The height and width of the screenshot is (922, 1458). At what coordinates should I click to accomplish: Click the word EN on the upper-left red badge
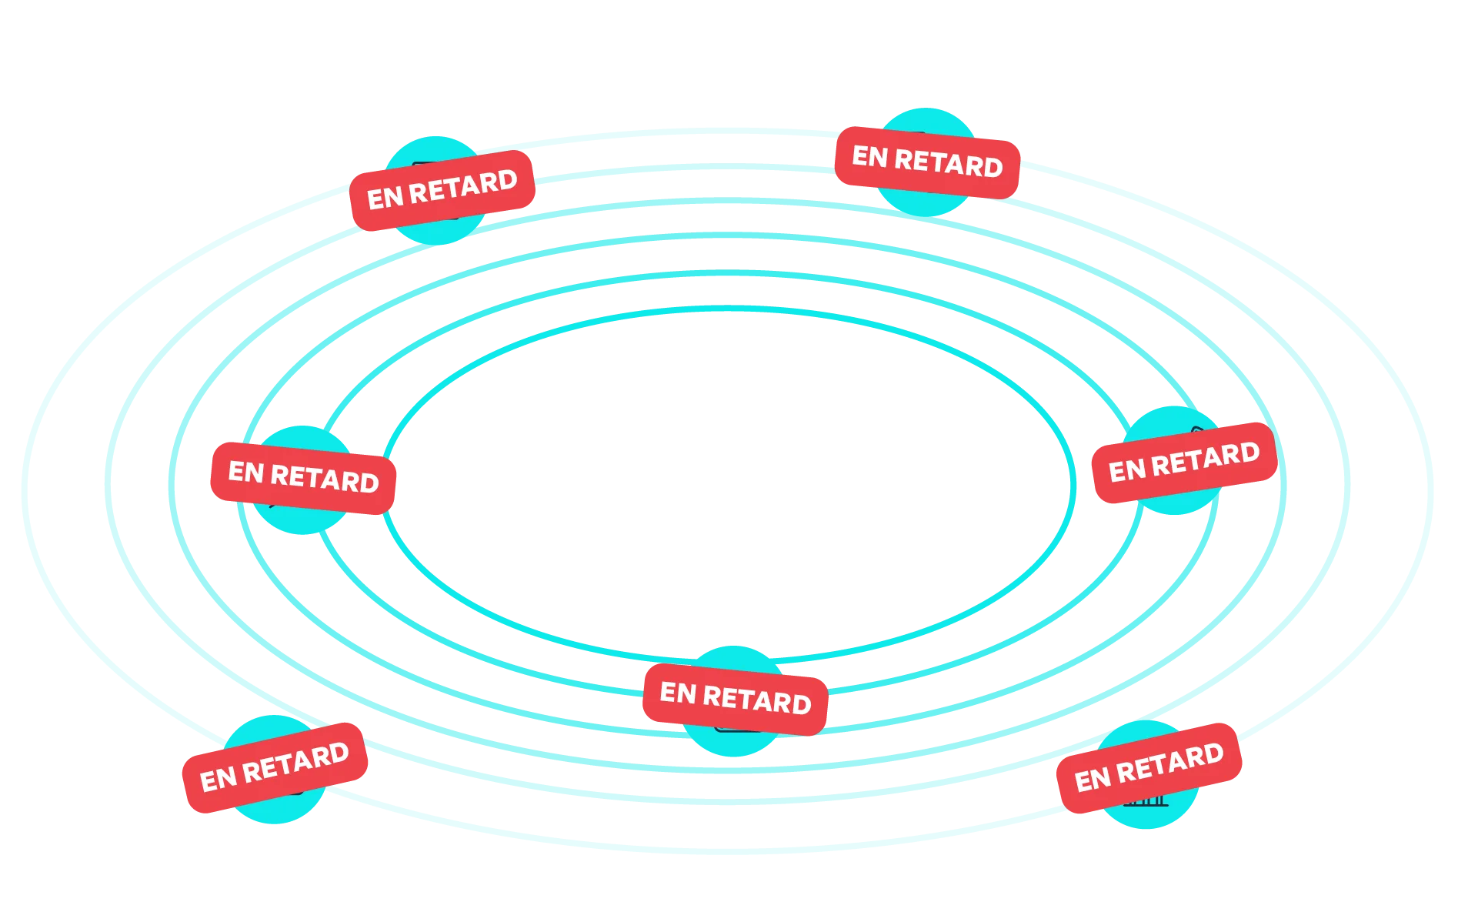tap(384, 197)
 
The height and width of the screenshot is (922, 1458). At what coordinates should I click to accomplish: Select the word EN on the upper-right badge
tap(869, 156)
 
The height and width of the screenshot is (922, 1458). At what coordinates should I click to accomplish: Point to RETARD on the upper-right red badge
tap(949, 163)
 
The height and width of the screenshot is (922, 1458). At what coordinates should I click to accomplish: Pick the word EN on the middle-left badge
tap(246, 471)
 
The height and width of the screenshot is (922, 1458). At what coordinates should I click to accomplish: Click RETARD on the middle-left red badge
tap(325, 479)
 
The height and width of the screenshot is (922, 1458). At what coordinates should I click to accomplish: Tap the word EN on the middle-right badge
tap(1126, 469)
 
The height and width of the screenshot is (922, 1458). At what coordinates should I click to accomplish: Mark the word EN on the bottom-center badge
tap(678, 693)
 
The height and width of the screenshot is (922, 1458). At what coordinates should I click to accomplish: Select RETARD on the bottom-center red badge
tap(757, 700)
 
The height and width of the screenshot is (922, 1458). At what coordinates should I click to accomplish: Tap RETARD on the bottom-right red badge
tap(1169, 763)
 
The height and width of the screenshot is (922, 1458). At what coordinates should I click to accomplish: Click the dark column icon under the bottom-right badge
tap(1146, 803)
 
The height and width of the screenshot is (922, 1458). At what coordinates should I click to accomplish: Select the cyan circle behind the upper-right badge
tap(927, 200)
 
